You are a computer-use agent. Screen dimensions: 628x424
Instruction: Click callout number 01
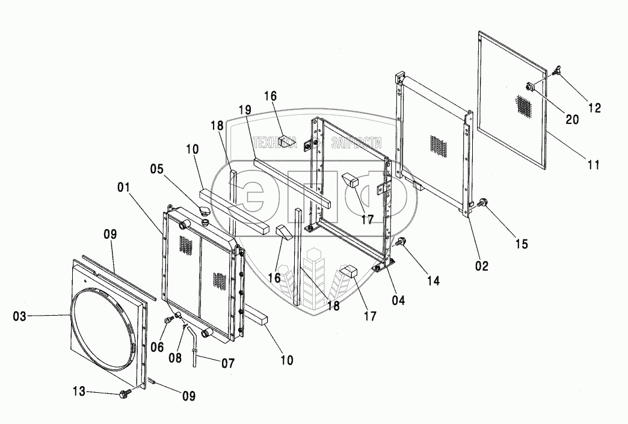[x=124, y=187]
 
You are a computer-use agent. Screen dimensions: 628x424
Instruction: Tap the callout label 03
[x=20, y=316]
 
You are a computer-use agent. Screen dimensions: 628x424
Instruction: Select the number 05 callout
[x=157, y=169]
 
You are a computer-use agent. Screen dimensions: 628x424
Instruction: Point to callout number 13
[x=79, y=391]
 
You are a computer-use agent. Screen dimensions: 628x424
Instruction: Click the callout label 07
[x=227, y=363]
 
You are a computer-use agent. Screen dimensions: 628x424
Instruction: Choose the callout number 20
[x=572, y=119]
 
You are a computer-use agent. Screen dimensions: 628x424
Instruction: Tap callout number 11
[x=594, y=164]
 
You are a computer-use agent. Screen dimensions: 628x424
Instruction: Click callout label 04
[x=398, y=300]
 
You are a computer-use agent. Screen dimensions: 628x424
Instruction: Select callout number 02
[x=482, y=266]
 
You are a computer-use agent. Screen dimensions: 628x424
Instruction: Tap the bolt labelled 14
[x=399, y=242]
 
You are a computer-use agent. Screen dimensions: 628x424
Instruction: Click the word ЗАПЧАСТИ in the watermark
[x=357, y=143]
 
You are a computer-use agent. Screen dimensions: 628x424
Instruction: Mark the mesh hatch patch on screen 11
[x=525, y=106]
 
